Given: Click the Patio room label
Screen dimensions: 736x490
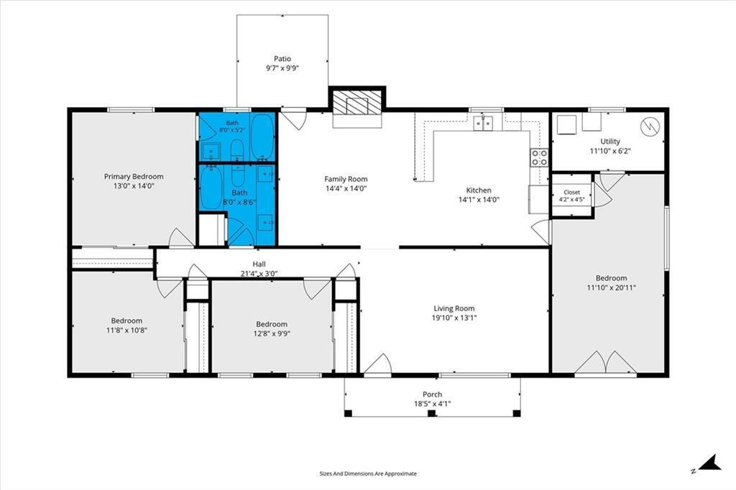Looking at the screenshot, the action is [282, 59].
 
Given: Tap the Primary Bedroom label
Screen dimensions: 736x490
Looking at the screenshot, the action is [134, 177].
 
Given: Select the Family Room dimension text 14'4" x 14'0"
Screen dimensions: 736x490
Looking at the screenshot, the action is [346, 189].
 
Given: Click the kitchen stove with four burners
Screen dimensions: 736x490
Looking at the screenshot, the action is [539, 157].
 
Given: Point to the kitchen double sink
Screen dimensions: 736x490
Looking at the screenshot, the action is [483, 123].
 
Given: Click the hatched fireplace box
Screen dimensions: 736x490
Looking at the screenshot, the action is [356, 103].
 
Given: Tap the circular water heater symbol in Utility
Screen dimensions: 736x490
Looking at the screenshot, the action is [650, 125].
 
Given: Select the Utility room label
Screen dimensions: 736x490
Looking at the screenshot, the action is [610, 142].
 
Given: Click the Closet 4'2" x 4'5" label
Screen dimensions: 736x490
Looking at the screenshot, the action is [571, 195].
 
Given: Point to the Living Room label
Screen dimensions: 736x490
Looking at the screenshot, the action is [454, 308].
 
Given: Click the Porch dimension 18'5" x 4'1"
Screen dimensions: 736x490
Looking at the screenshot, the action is [432, 404].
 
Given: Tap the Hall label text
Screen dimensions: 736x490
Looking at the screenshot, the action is [259, 264].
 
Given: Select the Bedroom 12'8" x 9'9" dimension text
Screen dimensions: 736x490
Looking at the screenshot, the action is [272, 333].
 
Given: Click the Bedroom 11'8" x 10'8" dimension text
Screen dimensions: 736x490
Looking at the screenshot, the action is [126, 330].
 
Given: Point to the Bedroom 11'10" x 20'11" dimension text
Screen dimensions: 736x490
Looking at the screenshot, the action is [611, 287].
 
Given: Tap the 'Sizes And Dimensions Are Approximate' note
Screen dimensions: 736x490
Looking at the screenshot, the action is [368, 473].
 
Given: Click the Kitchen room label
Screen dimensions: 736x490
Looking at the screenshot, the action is [479, 190].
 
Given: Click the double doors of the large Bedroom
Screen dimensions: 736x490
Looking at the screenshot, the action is [606, 363].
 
